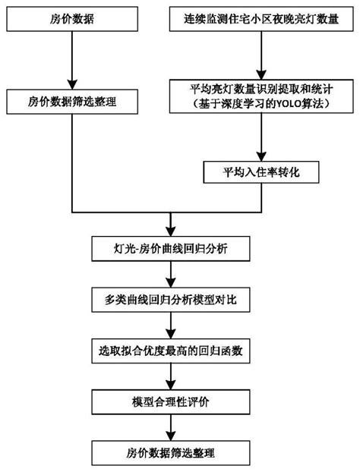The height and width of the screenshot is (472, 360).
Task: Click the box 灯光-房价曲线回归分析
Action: (169, 247)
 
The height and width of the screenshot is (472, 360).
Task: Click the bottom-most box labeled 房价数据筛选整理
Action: (169, 452)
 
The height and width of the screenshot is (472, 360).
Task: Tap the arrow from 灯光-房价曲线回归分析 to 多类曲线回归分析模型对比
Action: (169, 274)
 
